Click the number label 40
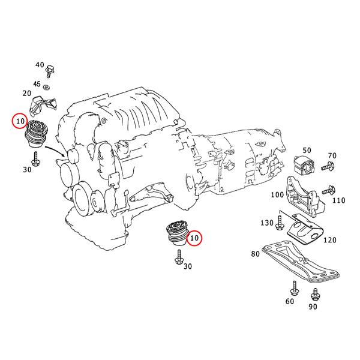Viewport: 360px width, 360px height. (x=40, y=64)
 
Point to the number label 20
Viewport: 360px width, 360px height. (x=27, y=94)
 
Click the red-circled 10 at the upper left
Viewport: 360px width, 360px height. (x=20, y=122)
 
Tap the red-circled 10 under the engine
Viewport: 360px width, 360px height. (x=194, y=238)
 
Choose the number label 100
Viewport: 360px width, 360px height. (x=277, y=195)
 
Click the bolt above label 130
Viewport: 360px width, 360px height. (x=280, y=224)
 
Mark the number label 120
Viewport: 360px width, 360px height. (x=329, y=240)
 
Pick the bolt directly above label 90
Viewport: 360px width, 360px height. (x=315, y=295)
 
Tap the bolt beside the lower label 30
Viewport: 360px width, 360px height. (x=178, y=259)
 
